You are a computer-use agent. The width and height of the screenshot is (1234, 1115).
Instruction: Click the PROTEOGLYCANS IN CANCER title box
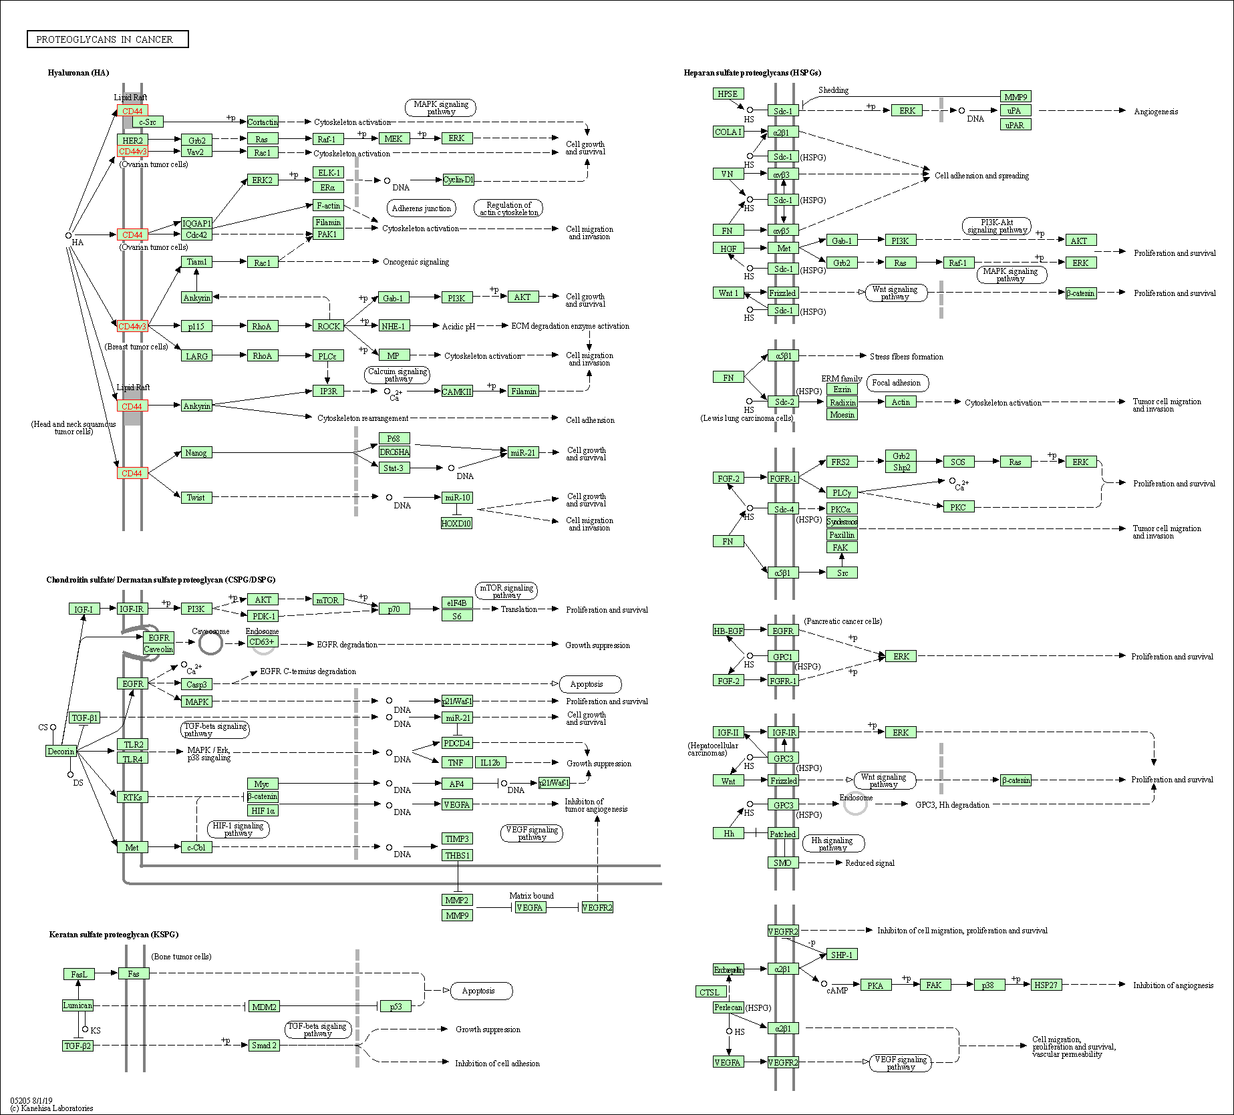[x=108, y=39]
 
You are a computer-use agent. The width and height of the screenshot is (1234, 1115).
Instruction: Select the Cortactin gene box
[x=263, y=122]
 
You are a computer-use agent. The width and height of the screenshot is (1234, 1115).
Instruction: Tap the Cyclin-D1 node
[x=458, y=180]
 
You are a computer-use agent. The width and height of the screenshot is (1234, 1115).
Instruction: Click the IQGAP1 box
[x=196, y=223]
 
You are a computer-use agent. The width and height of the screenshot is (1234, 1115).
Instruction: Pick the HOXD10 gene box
[x=456, y=523]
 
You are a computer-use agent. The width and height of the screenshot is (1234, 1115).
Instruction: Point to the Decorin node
[x=61, y=751]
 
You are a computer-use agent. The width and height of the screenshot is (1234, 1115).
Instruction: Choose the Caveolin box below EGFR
[x=158, y=649]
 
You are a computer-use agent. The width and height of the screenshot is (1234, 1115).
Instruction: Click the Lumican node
[x=78, y=1005]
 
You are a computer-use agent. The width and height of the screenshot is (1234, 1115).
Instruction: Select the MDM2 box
[x=264, y=1007]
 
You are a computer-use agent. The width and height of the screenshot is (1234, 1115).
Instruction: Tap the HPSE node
[x=728, y=94]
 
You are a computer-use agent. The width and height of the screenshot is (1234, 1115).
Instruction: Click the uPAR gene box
[x=1015, y=125]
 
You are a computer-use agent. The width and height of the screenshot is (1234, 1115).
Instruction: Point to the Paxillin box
[x=842, y=534]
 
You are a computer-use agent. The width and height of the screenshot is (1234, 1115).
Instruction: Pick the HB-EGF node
[x=728, y=631]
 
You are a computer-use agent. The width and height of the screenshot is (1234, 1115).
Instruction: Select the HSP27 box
[x=1046, y=985]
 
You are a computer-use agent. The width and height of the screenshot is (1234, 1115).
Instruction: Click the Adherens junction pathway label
[x=421, y=208]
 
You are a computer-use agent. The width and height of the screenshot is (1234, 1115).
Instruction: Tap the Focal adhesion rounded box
[x=897, y=383]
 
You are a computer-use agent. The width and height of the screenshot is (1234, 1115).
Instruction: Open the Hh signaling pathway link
[x=832, y=844]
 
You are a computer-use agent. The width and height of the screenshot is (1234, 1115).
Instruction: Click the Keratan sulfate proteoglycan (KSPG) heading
[x=114, y=934]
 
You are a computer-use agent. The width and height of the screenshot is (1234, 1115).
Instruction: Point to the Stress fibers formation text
[x=906, y=357]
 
